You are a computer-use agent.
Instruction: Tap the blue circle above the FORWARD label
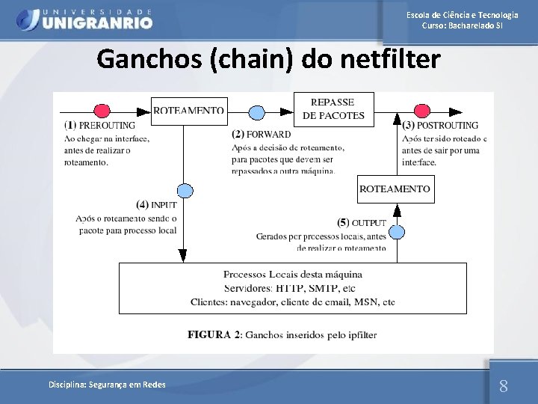pyautogui.click(x=256, y=113)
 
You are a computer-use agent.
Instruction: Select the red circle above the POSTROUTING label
pyautogui.click(x=422, y=111)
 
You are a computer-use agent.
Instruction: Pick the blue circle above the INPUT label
pyautogui.click(x=185, y=191)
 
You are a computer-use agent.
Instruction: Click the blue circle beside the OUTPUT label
pyautogui.click(x=397, y=232)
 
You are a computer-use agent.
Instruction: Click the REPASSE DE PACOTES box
pyautogui.click(x=333, y=109)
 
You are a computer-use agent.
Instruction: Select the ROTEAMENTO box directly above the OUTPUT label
pyautogui.click(x=395, y=189)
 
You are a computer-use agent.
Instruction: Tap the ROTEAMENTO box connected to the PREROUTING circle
pyautogui.click(x=188, y=111)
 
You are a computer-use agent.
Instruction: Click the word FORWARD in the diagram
pyautogui.click(x=269, y=135)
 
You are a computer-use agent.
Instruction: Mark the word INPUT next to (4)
pyautogui.click(x=164, y=204)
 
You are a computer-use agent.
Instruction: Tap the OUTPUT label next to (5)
pyautogui.click(x=369, y=223)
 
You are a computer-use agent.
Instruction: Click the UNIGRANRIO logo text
pyautogui.click(x=97, y=22)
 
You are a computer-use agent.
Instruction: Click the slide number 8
pyautogui.click(x=503, y=386)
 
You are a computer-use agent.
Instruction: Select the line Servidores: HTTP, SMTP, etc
pyautogui.click(x=289, y=288)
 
